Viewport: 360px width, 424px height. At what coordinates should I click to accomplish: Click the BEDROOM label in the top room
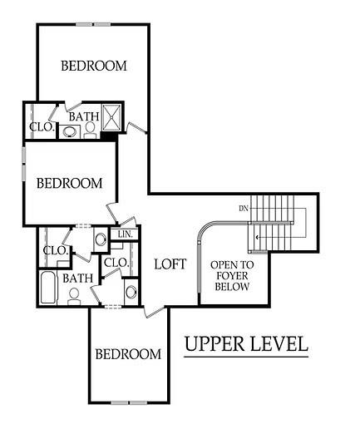pyautogui.click(x=94, y=66)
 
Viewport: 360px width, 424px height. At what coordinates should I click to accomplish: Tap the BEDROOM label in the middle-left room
pyautogui.click(x=69, y=182)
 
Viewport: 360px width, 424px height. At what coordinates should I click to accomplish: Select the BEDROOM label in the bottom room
pyautogui.click(x=127, y=355)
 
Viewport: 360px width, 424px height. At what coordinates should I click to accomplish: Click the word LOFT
pyautogui.click(x=170, y=264)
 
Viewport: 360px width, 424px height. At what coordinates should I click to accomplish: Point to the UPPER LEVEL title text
pyautogui.click(x=247, y=343)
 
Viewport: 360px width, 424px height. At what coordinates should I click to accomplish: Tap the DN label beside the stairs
pyautogui.click(x=244, y=207)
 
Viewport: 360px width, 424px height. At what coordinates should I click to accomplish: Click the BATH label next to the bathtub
pyautogui.click(x=77, y=279)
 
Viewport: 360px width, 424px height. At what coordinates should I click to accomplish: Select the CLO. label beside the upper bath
pyautogui.click(x=42, y=128)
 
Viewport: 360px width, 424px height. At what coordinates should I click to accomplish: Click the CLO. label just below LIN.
pyautogui.click(x=115, y=263)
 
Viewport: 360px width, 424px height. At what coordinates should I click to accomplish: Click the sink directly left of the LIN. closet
pyautogui.click(x=101, y=239)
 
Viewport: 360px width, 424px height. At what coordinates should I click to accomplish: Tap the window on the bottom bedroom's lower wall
pyautogui.click(x=127, y=402)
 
